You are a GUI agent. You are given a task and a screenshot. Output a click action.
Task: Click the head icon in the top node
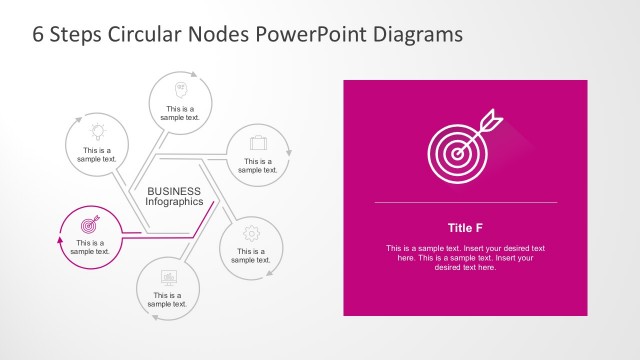(182, 88)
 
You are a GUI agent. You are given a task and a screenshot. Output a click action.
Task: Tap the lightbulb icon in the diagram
(98, 130)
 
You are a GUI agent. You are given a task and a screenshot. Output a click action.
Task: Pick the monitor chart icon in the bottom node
(168, 276)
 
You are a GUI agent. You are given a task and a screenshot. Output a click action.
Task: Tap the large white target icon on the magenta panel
(455, 150)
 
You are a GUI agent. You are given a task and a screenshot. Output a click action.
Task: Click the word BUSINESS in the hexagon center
(174, 190)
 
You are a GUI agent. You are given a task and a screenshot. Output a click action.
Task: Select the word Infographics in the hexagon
(174, 201)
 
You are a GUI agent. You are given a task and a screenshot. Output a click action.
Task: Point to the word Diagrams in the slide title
(420, 33)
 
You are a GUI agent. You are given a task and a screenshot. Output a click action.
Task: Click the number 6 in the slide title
(39, 33)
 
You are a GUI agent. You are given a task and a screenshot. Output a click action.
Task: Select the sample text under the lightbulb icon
(97, 155)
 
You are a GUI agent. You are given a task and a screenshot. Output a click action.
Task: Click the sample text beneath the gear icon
(250, 255)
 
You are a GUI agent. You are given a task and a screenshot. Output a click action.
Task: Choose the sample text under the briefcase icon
(257, 165)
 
